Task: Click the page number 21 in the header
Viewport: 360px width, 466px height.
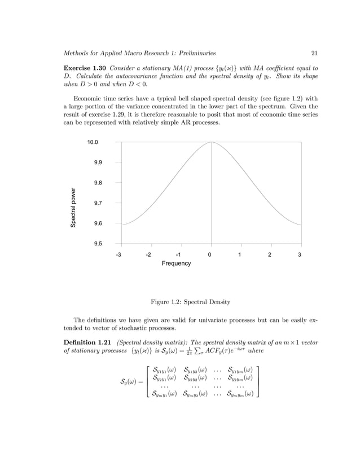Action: pyautogui.click(x=314, y=54)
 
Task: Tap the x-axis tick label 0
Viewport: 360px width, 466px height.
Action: pyautogui.click(x=209, y=254)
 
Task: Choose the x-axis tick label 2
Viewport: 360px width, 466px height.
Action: pyautogui.click(x=269, y=254)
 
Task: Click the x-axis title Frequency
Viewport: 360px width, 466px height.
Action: pyautogui.click(x=176, y=263)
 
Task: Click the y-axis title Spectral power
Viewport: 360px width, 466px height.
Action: pyautogui.click(x=73, y=208)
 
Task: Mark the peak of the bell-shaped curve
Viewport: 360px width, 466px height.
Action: pyautogui.click(x=211, y=142)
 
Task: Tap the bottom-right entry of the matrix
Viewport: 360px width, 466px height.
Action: pyautogui.click(x=240, y=394)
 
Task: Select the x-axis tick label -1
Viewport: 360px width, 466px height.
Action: pyautogui.click(x=178, y=254)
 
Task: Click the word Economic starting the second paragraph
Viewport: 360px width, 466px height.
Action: pyautogui.click(x=89, y=96)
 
